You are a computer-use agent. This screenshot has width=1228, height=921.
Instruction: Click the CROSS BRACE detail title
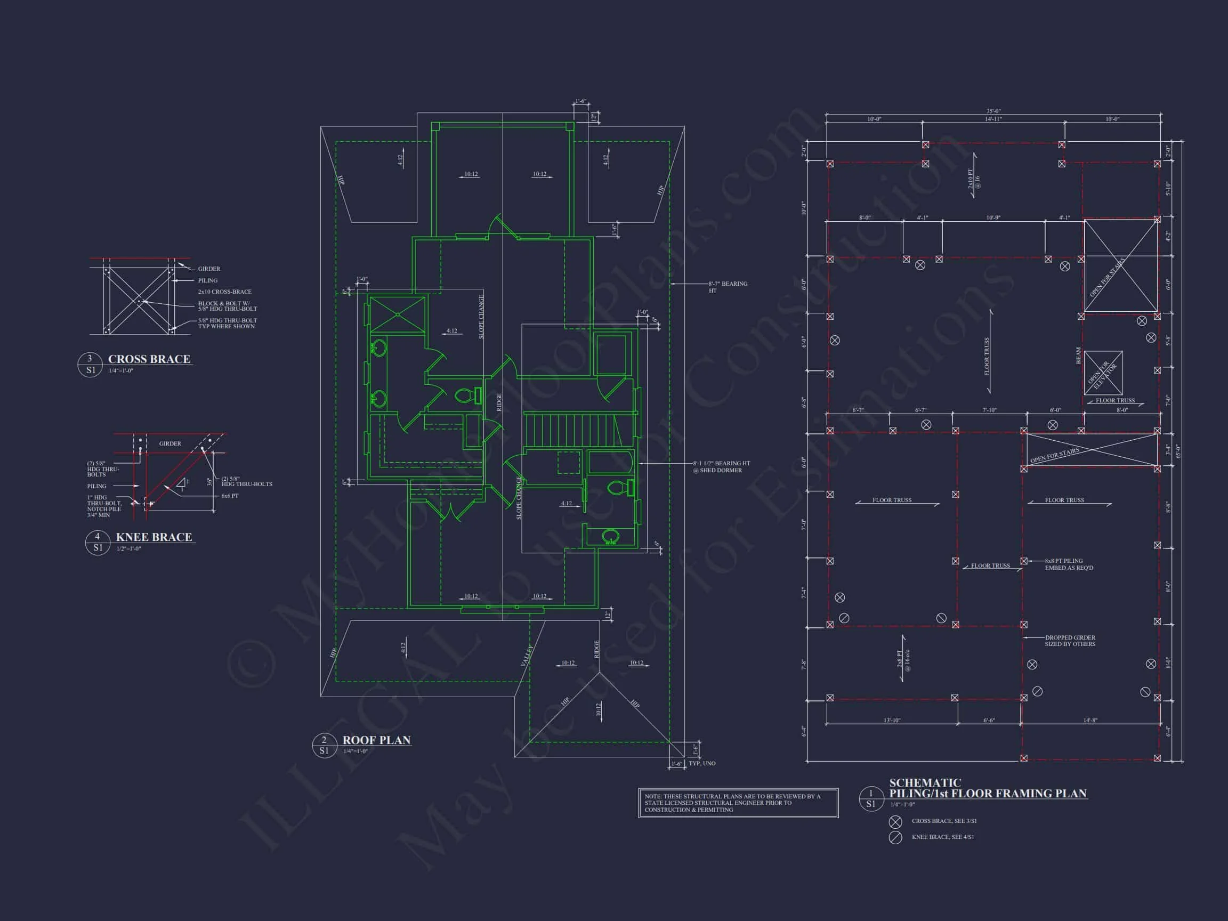[x=149, y=359]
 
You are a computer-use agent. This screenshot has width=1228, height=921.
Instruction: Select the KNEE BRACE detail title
[x=154, y=537]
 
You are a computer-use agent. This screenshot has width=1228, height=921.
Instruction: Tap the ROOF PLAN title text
[x=376, y=740]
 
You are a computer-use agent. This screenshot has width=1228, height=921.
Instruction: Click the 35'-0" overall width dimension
[x=993, y=111]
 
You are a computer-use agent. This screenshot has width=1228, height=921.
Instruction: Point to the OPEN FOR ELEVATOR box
[x=1103, y=373]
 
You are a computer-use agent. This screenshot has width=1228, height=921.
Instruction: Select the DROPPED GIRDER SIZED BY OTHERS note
[x=1070, y=641]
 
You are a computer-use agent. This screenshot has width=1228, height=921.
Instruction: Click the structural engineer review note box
[x=738, y=803]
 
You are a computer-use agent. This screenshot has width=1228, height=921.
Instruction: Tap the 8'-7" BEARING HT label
[x=728, y=287]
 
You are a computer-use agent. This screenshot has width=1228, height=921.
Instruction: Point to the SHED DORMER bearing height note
[x=721, y=466]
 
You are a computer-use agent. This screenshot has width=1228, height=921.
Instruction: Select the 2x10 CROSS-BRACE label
[x=225, y=292]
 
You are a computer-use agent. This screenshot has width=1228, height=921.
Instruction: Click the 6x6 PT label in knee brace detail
[x=230, y=496]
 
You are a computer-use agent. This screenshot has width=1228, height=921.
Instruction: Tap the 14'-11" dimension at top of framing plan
[x=993, y=119]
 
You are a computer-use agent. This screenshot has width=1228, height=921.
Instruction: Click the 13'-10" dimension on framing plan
[x=892, y=720]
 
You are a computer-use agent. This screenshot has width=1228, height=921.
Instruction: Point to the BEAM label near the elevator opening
[x=1078, y=356]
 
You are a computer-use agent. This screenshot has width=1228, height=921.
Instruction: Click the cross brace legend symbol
[x=895, y=822]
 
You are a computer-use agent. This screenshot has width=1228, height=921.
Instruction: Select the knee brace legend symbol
[x=895, y=837]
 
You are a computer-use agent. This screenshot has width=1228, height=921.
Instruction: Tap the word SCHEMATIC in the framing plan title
[x=925, y=783]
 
